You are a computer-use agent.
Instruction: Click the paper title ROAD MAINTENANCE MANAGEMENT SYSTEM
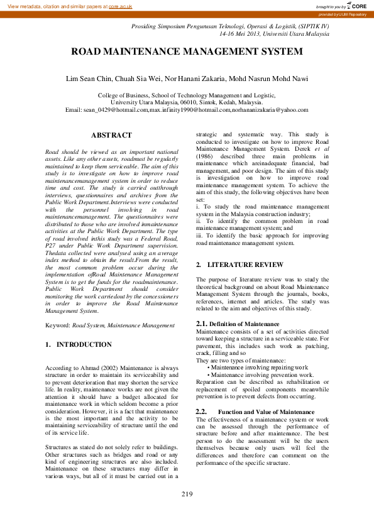click(x=187, y=52)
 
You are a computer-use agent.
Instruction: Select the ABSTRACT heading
click(x=111, y=135)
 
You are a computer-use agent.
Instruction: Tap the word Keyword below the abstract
click(x=58, y=325)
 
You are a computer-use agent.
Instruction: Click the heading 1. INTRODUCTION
click(x=79, y=345)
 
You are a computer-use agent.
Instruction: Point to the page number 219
click(x=187, y=494)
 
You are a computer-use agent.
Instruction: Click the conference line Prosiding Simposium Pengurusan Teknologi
click(x=229, y=26)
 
